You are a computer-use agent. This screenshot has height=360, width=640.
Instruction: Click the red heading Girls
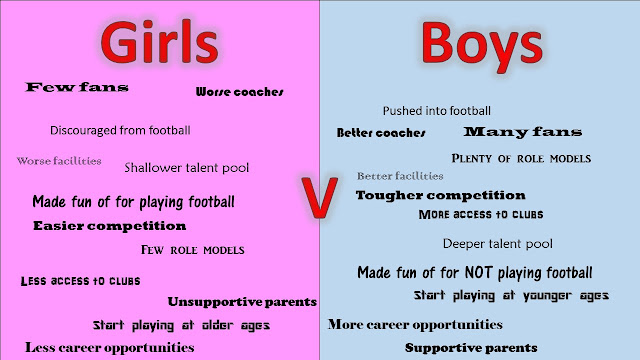[x=159, y=42]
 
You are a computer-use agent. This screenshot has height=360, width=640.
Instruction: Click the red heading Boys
[x=482, y=46]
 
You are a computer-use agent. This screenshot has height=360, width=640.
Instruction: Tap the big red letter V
[x=319, y=198]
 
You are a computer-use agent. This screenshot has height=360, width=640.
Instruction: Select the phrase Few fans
[x=77, y=87]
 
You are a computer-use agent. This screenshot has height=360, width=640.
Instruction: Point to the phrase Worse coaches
[x=240, y=92]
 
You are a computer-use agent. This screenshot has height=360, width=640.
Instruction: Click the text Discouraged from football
[x=120, y=130]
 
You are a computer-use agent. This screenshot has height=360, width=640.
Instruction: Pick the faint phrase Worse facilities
[x=59, y=161]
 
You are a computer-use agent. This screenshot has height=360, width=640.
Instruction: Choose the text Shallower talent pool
[x=187, y=168]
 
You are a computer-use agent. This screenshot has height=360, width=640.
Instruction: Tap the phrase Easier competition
[x=109, y=226]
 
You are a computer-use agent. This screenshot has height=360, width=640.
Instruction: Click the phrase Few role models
[x=193, y=250]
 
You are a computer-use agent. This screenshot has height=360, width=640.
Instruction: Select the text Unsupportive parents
[x=242, y=302]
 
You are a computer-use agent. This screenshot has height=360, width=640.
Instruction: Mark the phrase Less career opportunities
[x=109, y=348]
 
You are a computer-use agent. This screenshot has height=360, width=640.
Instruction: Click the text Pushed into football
[x=437, y=111]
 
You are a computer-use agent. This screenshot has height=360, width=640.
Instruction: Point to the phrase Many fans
[x=523, y=132]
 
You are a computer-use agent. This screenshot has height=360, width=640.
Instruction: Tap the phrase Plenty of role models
[x=521, y=158]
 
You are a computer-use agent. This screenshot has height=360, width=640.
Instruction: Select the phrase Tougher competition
[x=440, y=196]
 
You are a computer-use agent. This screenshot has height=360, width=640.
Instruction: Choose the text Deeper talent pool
[x=498, y=244]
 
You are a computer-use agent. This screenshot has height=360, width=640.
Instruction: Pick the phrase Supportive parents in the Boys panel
[x=471, y=348]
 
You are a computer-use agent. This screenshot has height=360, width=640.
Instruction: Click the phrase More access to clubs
[x=481, y=214]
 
